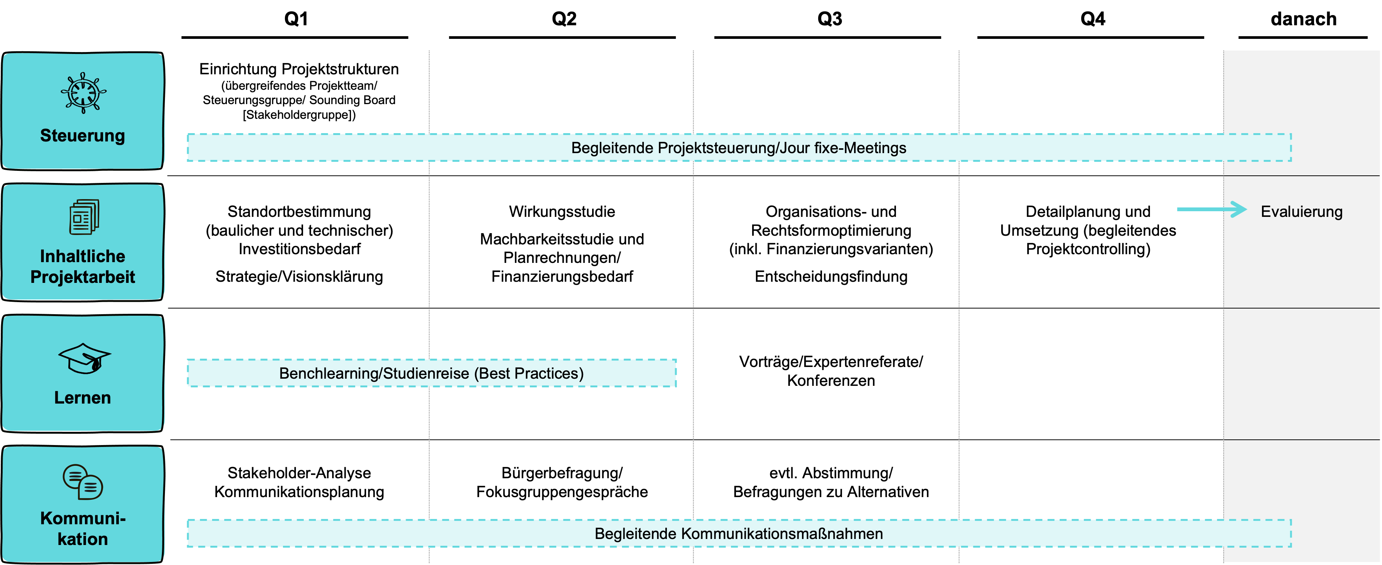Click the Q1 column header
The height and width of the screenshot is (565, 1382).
pyautogui.click(x=295, y=19)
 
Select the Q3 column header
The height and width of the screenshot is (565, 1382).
pyautogui.click(x=830, y=19)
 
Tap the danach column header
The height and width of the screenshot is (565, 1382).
pyautogui.click(x=1304, y=19)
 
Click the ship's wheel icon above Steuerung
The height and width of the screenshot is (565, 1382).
pyautogui.click(x=83, y=93)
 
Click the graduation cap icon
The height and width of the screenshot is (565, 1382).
pyautogui.click(x=84, y=358)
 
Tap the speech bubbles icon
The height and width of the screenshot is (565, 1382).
pyautogui.click(x=83, y=481)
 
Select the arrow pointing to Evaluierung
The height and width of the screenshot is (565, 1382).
pyautogui.click(x=1212, y=209)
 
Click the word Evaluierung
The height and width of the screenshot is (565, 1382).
pyautogui.click(x=1302, y=211)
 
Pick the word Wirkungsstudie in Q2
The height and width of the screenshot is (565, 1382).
pyautogui.click(x=562, y=211)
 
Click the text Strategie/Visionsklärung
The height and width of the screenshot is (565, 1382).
pyautogui.click(x=299, y=276)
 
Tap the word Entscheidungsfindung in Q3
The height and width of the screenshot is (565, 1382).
pyautogui.click(x=831, y=276)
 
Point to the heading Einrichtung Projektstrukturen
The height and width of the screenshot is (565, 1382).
pyautogui.click(x=299, y=69)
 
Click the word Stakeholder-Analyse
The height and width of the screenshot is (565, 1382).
pyautogui.click(x=299, y=473)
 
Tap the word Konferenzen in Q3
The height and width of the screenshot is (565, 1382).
pyautogui.click(x=831, y=380)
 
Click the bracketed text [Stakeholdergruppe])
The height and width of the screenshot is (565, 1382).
pyautogui.click(x=299, y=114)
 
